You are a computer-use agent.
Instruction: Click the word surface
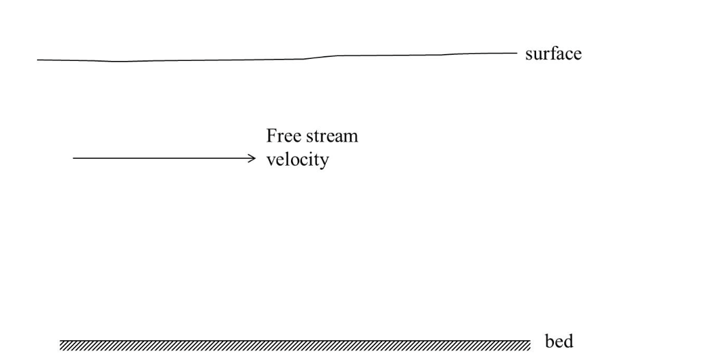pyautogui.click(x=553, y=53)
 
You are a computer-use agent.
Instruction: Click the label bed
pyautogui.click(x=559, y=340)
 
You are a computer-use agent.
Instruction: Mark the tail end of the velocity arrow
pyautogui.click(x=74, y=159)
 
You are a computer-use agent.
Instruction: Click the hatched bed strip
pyautogui.click(x=294, y=343)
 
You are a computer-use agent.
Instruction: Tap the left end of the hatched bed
pyautogui.click(x=62, y=343)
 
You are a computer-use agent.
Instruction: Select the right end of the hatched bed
pyautogui.click(x=528, y=343)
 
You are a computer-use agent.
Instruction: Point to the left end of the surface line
pyautogui.click(x=38, y=60)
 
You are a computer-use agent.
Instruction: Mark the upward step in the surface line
pyautogui.click(x=320, y=57)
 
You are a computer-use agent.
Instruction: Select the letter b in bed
pyautogui.click(x=549, y=340)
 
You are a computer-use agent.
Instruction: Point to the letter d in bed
pyautogui.click(x=568, y=340)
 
